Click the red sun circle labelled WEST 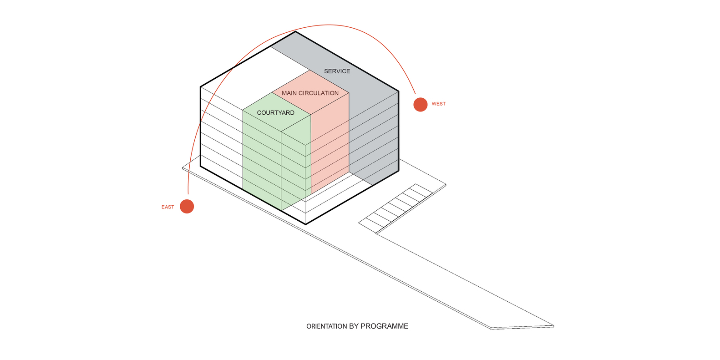(420, 104)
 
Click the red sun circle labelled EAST (187, 206)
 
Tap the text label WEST (438, 104)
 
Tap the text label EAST (167, 207)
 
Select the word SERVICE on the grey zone (337, 71)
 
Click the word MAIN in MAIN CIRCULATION (289, 93)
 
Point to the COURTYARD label (275, 113)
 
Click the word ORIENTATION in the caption (326, 326)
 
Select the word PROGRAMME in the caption (384, 326)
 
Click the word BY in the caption (354, 326)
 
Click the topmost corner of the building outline (295, 31)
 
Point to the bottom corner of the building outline (305, 224)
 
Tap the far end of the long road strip (522, 326)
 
